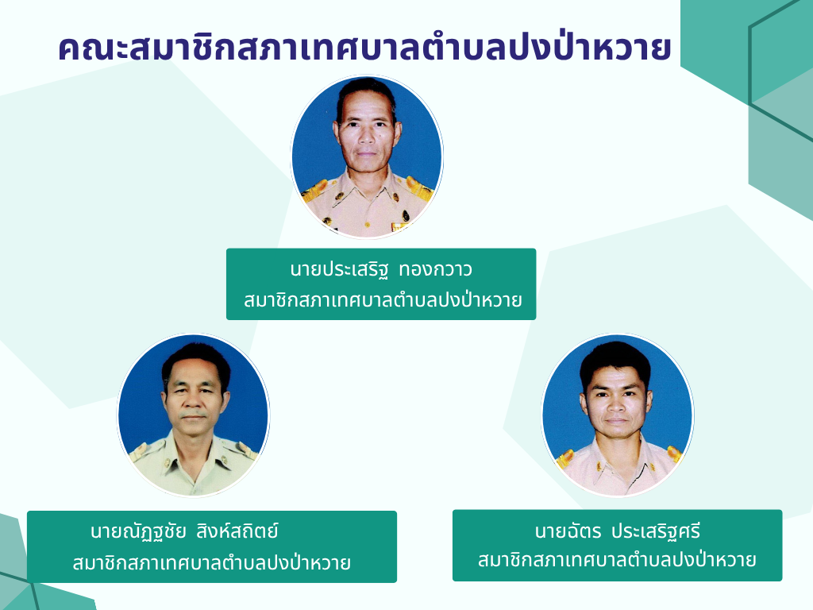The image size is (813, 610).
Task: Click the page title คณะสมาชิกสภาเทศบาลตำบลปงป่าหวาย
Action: pos(364,48)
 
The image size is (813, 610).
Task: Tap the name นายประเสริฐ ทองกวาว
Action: pos(381,270)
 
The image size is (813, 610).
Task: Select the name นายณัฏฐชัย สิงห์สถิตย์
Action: pos(184,531)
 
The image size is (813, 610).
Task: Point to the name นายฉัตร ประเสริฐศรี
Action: pos(618,531)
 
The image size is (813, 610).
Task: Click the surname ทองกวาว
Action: pos(436,270)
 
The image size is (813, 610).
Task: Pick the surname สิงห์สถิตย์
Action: pos(237,531)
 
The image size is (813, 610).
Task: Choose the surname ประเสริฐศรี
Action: pos(656,531)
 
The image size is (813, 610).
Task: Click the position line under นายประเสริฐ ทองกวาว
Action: pos(383,299)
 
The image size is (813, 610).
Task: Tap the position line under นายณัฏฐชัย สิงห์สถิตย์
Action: pos(211,562)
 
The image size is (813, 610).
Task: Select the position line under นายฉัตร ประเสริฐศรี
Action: pos(617,560)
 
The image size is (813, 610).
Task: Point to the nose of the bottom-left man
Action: pos(194,399)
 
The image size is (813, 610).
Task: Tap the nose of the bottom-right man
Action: pos(615,403)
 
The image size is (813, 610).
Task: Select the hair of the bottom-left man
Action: pos(197,358)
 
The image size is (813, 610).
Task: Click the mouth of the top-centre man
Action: pos(366,154)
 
